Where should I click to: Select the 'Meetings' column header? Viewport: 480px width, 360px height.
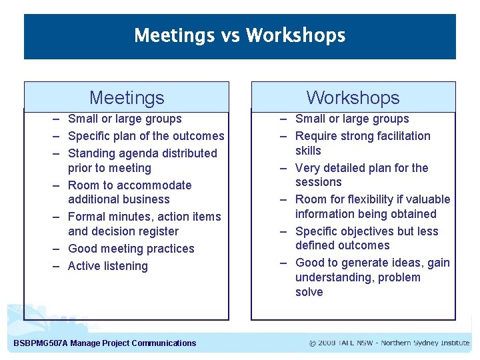[127, 98]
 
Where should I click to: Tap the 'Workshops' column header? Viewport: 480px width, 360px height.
[353, 98]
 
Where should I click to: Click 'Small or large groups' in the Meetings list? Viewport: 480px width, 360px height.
[125, 119]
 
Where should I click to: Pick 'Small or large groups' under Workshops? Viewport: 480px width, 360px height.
[352, 119]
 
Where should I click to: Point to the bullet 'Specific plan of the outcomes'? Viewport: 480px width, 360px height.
[146, 136]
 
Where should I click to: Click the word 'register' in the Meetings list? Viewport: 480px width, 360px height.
[155, 231]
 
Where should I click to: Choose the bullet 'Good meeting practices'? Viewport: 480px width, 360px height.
[131, 249]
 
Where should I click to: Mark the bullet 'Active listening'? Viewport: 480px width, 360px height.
[108, 266]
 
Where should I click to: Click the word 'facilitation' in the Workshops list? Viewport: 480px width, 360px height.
[399, 136]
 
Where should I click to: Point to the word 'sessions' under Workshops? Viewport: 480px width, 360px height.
[318, 182]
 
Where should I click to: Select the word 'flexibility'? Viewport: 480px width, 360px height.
[383, 199]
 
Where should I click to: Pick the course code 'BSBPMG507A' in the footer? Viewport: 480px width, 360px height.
[40, 343]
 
